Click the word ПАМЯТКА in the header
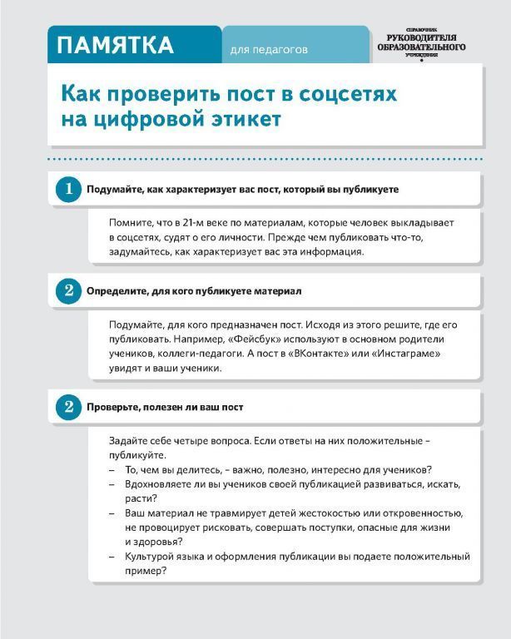116,45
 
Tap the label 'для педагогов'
269,50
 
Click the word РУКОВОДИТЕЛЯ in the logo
426,38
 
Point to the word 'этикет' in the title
246,119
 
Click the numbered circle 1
68,189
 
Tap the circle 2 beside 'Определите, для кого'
68,291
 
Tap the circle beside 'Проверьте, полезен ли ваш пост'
68,407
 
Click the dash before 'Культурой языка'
112,557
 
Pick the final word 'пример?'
146,571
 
